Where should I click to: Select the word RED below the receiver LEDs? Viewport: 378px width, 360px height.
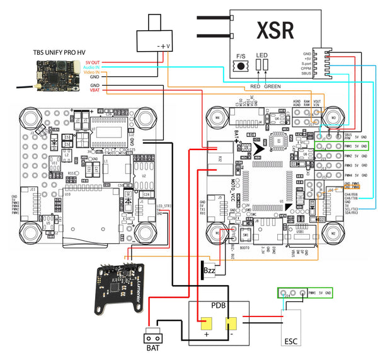tap(256, 84)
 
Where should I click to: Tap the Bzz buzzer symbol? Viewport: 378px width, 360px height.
tap(210, 270)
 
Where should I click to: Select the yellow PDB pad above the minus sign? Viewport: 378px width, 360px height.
tap(232, 324)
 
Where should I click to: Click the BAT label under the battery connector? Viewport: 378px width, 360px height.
tap(153, 347)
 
